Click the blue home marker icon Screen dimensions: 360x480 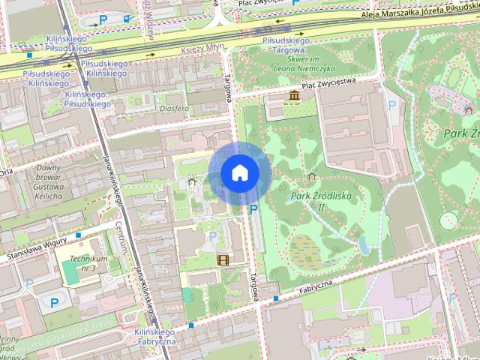[x=239, y=173]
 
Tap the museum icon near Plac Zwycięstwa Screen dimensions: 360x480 [x=293, y=95]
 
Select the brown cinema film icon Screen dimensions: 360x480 [x=223, y=260]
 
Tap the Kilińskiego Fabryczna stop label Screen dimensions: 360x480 [x=154, y=337]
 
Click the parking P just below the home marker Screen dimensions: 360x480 [x=253, y=209]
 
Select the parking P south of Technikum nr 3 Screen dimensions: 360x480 [x=54, y=302]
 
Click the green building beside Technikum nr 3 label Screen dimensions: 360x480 [x=70, y=272]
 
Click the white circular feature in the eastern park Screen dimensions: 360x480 [x=448, y=220]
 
